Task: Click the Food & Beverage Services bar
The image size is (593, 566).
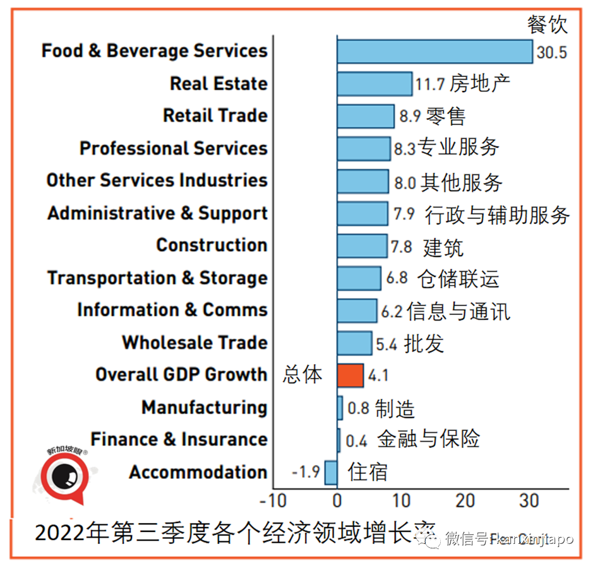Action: coord(434,51)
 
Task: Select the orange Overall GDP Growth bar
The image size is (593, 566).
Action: coord(350,375)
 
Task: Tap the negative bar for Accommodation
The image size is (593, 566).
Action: coord(331,472)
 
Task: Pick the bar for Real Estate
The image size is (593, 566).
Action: coord(374,83)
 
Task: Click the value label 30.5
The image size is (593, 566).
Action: coord(551,52)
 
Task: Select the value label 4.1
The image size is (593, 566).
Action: coord(378,376)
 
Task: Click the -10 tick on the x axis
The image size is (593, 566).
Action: coord(273,502)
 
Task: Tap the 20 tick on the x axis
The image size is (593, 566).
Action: coord(465,502)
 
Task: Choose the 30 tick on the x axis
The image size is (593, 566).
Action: coord(529,502)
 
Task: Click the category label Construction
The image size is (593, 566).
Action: coord(212,245)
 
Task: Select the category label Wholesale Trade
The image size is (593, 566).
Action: coord(195,343)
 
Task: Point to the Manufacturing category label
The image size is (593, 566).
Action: coord(204,408)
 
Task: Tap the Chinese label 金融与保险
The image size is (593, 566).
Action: coord(428,439)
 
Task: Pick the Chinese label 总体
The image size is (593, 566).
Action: coord(302,375)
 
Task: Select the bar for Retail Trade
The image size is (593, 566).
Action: coord(365,116)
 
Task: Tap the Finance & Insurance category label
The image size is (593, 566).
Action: coord(179,439)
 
